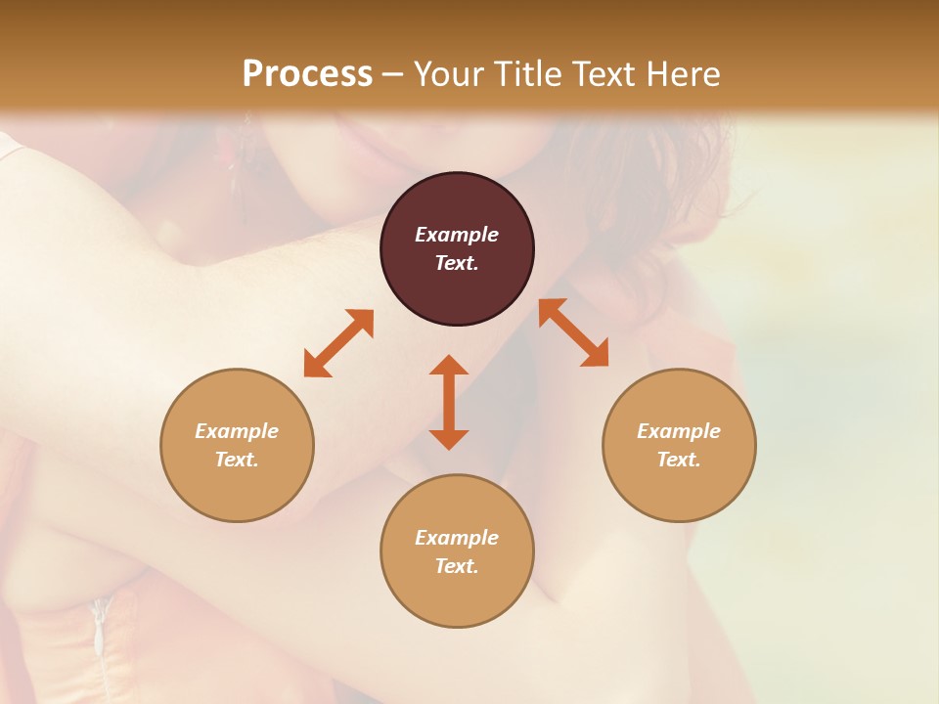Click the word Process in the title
click(307, 74)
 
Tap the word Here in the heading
click(681, 74)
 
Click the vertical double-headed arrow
click(449, 402)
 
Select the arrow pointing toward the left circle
click(338, 343)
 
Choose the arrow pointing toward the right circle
click(574, 332)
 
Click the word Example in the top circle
click(457, 235)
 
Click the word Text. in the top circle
click(457, 263)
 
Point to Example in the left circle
click(237, 431)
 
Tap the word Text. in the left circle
click(237, 460)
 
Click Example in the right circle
click(679, 431)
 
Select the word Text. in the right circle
click(679, 460)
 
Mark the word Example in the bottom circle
click(457, 538)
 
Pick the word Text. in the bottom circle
click(457, 566)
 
